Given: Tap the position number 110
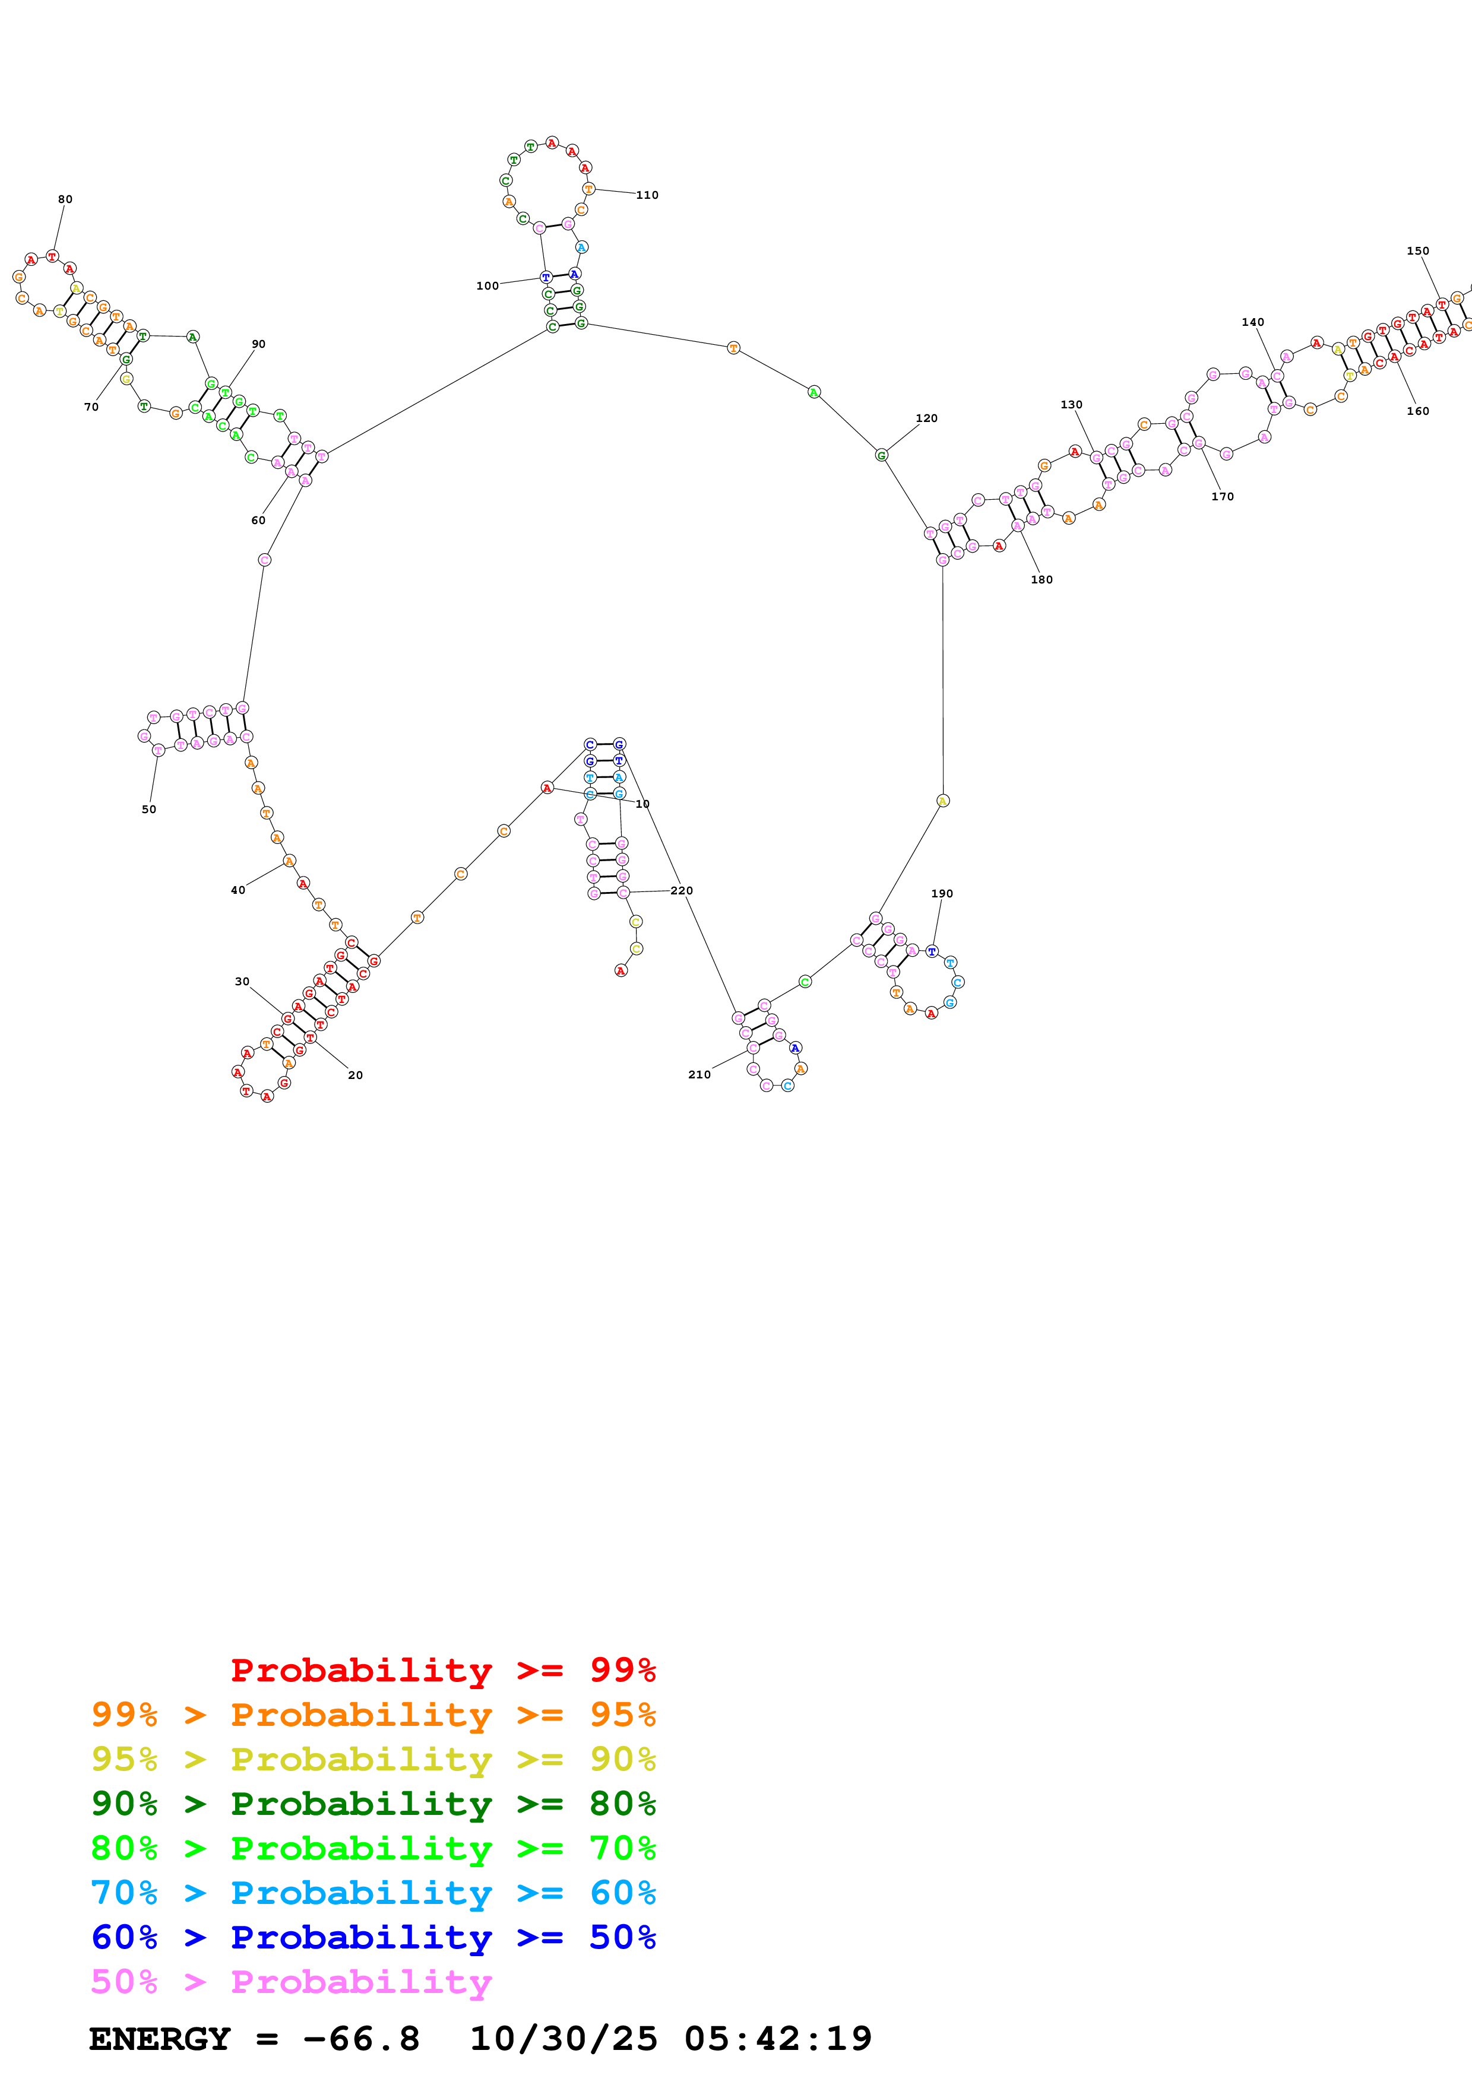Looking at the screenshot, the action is pyautogui.click(x=647, y=195).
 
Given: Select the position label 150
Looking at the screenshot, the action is pyautogui.click(x=1417, y=251).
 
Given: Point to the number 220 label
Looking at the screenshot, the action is pyautogui.click(x=682, y=890).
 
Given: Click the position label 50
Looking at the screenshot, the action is pyautogui.click(x=148, y=810).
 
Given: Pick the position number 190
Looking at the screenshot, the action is pyautogui.click(x=942, y=893).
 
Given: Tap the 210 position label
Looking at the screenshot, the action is pyautogui.click(x=699, y=1075).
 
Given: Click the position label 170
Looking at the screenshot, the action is pyautogui.click(x=1223, y=497).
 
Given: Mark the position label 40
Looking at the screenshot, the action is pyautogui.click(x=238, y=890).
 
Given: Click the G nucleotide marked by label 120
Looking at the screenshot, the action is pyautogui.click(x=881, y=455).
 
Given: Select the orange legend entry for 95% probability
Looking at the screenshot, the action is pyautogui.click(x=373, y=1714).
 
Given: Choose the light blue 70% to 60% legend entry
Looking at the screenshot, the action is pyautogui.click(x=373, y=1893).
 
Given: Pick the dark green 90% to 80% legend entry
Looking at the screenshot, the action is pyautogui.click(x=373, y=1804).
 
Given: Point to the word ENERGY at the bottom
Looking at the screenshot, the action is pyautogui.click(x=160, y=2039).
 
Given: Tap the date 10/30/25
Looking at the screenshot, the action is pyautogui.click(x=564, y=2039).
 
